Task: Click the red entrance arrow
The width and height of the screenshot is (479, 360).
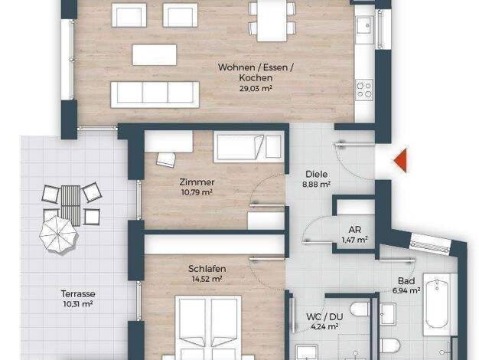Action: click(x=401, y=160)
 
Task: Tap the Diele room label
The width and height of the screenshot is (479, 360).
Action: click(x=317, y=175)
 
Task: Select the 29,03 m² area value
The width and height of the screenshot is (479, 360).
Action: click(x=256, y=89)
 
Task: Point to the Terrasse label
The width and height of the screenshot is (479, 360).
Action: click(x=78, y=294)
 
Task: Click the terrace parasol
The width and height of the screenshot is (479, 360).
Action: click(x=58, y=234)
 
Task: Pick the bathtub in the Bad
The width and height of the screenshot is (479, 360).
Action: click(x=437, y=304)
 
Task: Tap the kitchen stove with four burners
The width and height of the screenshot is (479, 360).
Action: click(x=364, y=90)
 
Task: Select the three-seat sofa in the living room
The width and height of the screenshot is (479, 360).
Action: click(x=155, y=94)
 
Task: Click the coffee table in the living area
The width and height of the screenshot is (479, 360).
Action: click(x=155, y=55)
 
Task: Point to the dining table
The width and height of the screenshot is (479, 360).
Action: click(x=272, y=20)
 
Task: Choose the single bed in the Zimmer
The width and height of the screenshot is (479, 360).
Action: click(x=249, y=146)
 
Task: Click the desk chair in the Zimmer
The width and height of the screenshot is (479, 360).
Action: click(x=166, y=159)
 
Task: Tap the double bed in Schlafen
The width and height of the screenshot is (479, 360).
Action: click(x=208, y=328)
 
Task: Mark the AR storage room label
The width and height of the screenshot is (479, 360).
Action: click(x=354, y=229)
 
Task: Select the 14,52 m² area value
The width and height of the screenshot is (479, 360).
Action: click(x=207, y=280)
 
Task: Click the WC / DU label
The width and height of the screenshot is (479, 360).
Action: click(x=324, y=317)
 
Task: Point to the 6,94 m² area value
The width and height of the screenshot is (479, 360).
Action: click(x=406, y=290)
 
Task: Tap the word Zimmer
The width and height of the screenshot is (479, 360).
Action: click(x=197, y=182)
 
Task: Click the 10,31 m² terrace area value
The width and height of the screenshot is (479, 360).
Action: click(x=78, y=304)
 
